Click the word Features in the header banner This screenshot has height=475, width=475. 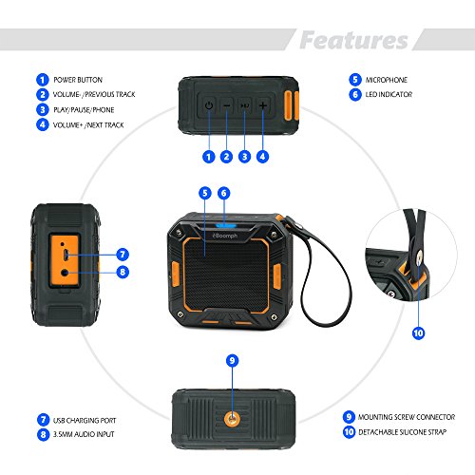click(353, 40)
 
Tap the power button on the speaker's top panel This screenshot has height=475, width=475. click(209, 105)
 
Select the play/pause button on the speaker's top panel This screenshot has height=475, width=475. click(244, 105)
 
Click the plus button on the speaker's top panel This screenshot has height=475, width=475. click(263, 105)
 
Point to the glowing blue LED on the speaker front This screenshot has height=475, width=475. click(226, 225)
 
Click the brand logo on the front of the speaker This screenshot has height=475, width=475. click(225, 236)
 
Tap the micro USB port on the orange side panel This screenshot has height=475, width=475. click(66, 255)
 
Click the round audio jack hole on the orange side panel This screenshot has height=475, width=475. click(65, 273)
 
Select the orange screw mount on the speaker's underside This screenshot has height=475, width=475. click(232, 419)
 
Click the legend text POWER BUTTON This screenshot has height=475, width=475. click(78, 80)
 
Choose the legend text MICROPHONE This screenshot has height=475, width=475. click(387, 80)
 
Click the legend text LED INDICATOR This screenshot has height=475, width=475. click(389, 94)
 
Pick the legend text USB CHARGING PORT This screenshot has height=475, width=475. click(85, 421)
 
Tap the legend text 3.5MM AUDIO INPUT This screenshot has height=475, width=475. click(84, 434)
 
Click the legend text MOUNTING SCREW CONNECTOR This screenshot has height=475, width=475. click(407, 417)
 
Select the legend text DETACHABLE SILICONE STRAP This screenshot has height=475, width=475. click(402, 432)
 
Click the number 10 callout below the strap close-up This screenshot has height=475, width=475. click(418, 332)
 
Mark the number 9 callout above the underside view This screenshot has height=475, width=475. click(233, 360)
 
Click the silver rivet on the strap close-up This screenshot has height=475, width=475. click(420, 255)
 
